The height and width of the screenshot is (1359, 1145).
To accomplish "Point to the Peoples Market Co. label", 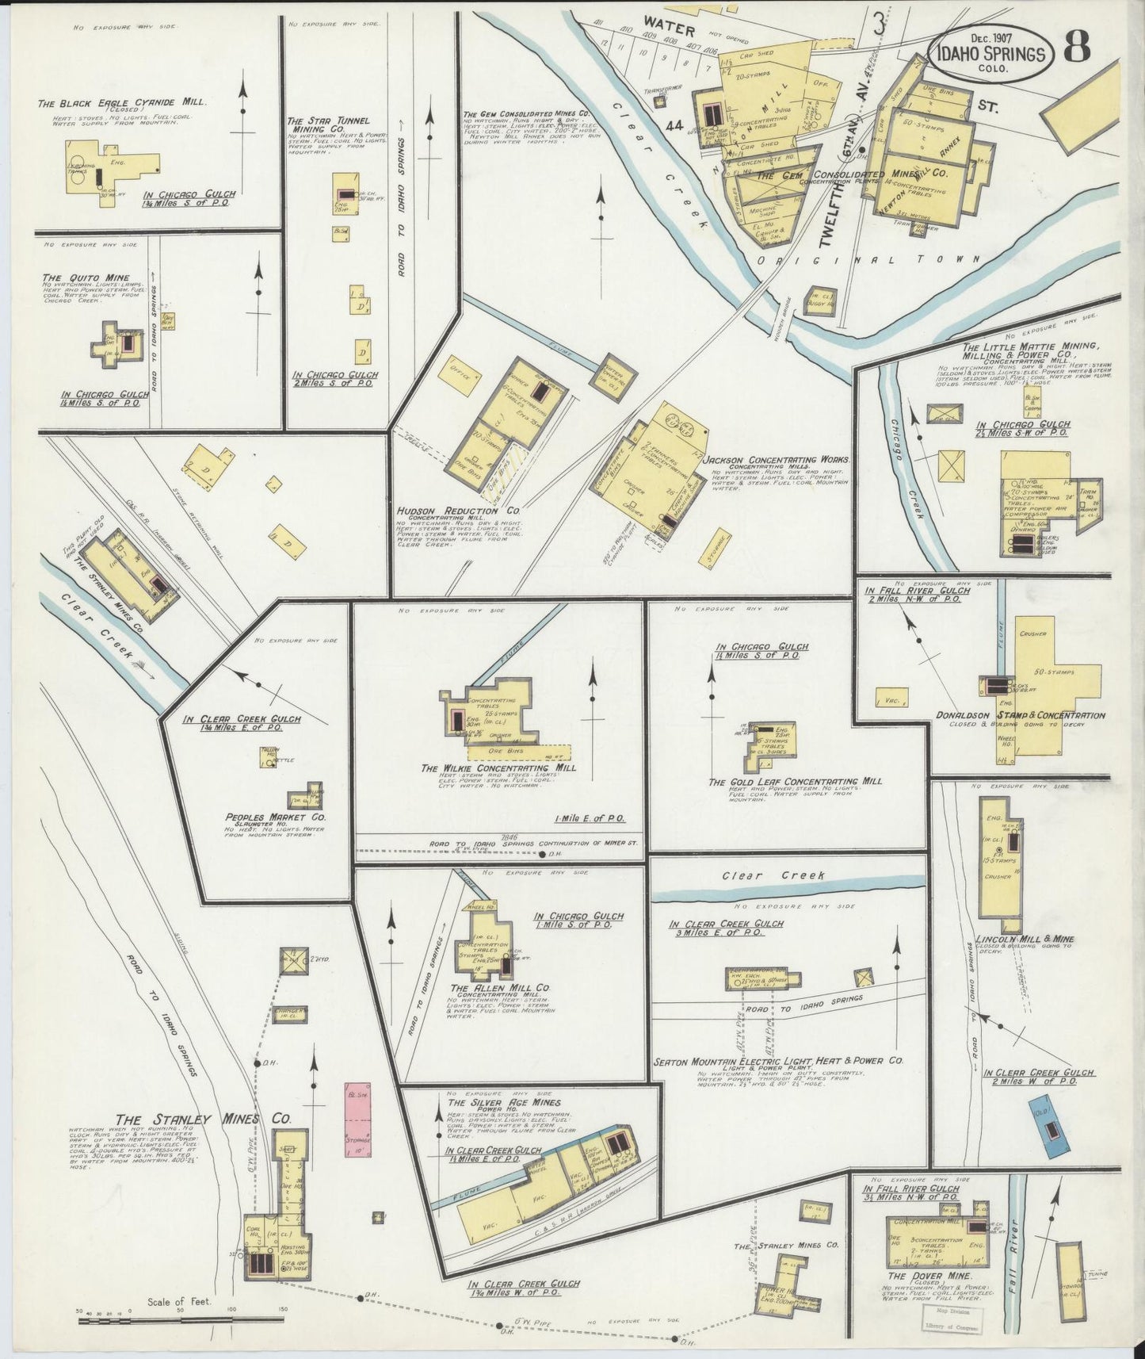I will (x=276, y=817).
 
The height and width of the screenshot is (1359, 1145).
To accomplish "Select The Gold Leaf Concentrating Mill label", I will (x=796, y=781).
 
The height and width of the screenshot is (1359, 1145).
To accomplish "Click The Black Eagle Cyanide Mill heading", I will (x=122, y=103).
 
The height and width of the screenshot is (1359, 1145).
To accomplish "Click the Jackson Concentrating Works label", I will (x=777, y=460).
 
